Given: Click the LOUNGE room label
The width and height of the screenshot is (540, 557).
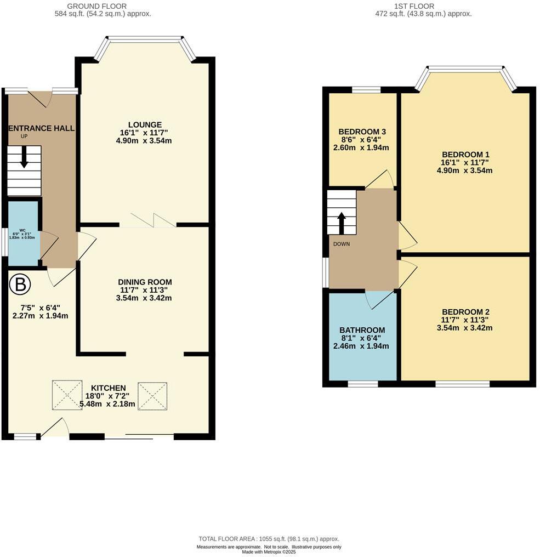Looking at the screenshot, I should coord(145,124).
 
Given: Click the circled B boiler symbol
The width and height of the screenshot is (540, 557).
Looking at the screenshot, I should coord(20,285).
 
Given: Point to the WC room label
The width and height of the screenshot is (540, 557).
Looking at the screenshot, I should coord(22,230).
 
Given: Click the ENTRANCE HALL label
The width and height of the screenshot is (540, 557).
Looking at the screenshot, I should coord(42,128).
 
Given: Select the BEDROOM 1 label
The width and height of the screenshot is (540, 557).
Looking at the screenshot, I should coord(465,155).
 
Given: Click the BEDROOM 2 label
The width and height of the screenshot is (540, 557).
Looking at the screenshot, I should coord(465,312).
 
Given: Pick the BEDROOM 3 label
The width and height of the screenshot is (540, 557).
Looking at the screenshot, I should coord(362,132).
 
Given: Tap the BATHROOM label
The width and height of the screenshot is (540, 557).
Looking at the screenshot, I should coord(362,330).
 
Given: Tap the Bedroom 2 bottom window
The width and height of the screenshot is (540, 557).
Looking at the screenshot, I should coord(462,384).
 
